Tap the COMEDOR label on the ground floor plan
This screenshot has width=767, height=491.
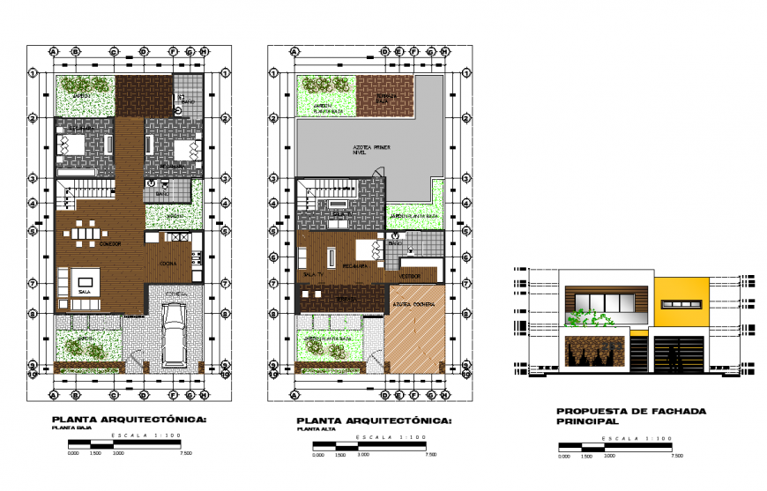(x=109, y=243)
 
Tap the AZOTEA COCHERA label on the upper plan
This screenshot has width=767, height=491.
(x=412, y=305)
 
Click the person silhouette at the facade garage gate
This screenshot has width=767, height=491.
(x=674, y=359)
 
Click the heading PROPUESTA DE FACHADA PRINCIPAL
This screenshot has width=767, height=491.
(x=619, y=416)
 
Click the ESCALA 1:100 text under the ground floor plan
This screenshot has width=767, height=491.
(x=130, y=437)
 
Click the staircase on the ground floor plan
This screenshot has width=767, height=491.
(x=86, y=191)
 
